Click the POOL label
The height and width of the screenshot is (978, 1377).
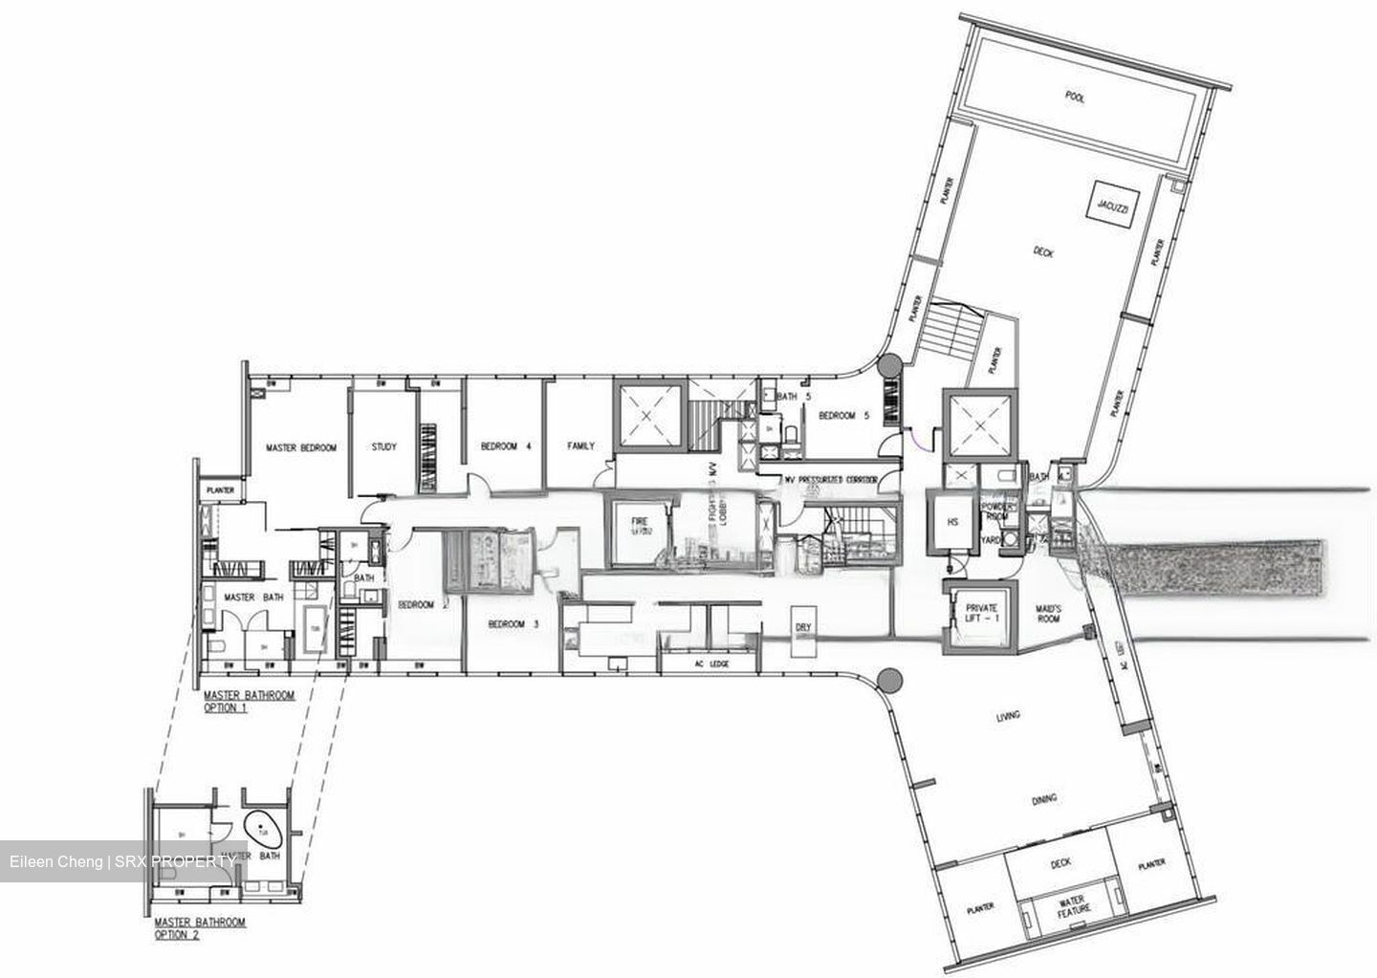(x=1075, y=98)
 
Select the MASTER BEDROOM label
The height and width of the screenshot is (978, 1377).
(x=301, y=447)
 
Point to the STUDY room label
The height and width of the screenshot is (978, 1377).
(x=384, y=446)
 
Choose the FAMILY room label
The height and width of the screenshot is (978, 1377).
(x=580, y=446)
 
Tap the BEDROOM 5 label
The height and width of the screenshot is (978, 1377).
(x=842, y=416)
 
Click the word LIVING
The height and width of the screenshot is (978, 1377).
(x=1007, y=715)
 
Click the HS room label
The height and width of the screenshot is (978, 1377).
(x=952, y=522)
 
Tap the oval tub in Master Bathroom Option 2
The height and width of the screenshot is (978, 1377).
(x=262, y=829)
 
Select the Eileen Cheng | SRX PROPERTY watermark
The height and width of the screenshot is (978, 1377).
(x=122, y=862)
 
